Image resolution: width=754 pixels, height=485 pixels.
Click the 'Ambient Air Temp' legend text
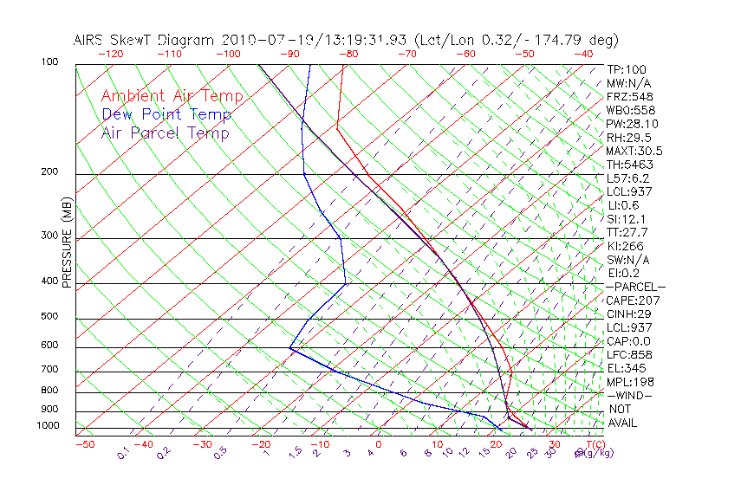pos(172,96)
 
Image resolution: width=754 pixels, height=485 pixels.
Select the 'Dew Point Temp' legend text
pos(166,114)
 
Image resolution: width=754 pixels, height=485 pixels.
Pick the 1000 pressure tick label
pos(49,426)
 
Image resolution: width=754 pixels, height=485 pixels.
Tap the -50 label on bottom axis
pos(84,445)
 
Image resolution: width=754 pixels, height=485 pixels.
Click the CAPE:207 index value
pos(628,301)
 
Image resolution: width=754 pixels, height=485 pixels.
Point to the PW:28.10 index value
pos(628,124)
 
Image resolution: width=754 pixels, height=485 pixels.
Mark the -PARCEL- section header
pos(635,287)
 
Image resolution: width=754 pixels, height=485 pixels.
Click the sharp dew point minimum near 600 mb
pos(289,348)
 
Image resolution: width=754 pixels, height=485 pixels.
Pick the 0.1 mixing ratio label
pos(123,453)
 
